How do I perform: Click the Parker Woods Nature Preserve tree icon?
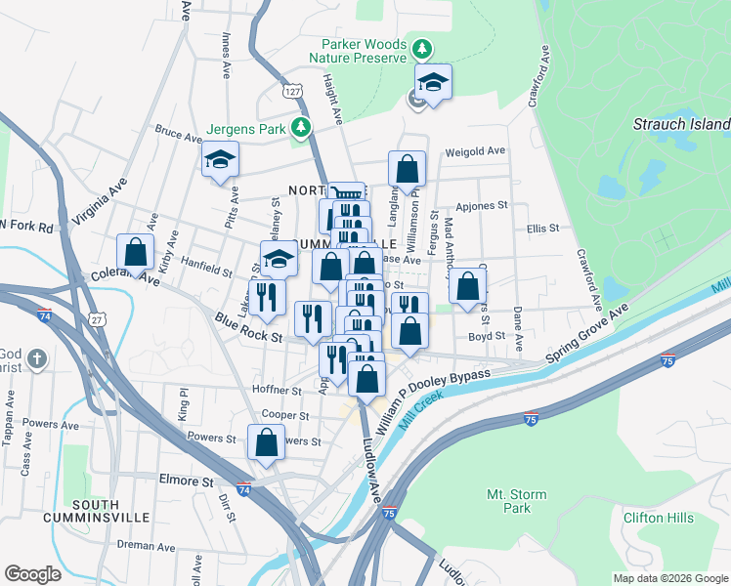pos(421,48)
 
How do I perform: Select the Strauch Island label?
pos(681,124)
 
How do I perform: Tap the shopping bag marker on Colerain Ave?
pos(136,252)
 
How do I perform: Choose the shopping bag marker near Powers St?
pos(267,442)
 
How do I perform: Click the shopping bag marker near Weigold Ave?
pos(407,169)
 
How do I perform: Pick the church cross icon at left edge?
pos(37,358)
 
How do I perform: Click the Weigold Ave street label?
pos(475,151)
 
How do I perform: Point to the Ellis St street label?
pos(542,229)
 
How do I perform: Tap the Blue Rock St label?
pos(248,327)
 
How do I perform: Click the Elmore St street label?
pos(186,481)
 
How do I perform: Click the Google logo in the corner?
pos(32,574)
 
